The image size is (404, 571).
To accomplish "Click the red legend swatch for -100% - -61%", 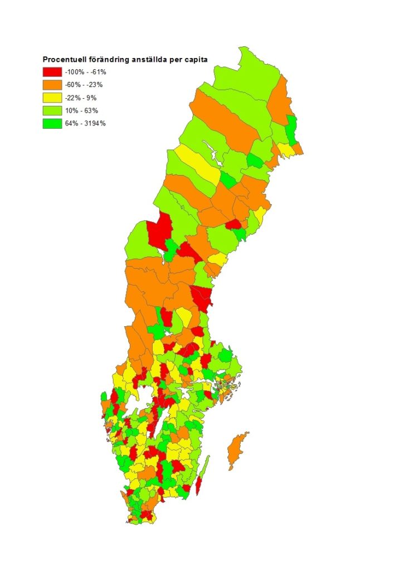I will [52, 72].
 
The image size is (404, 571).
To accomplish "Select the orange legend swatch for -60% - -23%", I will [52, 85].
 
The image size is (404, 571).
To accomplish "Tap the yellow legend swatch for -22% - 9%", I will [52, 98].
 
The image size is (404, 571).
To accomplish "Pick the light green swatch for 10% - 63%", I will [52, 110].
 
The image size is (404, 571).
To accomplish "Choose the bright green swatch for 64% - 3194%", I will [52, 123].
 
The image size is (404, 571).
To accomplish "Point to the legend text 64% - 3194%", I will [85, 123].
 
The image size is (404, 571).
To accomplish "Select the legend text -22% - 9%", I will [80, 98].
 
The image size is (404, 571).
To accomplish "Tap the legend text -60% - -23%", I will [84, 85].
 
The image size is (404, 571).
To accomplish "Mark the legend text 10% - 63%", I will [80, 110].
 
